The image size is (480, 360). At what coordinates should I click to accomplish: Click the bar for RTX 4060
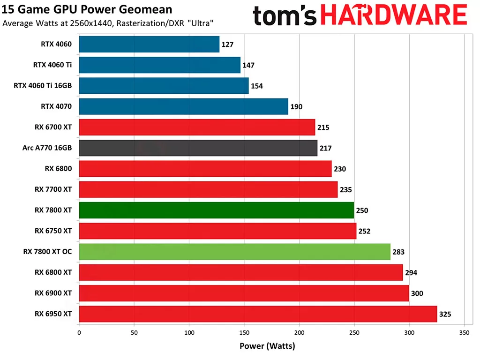click(x=149, y=45)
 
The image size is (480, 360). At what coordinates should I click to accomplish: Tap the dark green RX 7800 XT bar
click(x=216, y=210)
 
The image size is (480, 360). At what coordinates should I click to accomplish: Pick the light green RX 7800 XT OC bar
click(x=234, y=252)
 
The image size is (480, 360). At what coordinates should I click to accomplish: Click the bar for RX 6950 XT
click(x=258, y=314)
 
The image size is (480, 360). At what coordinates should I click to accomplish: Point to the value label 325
click(x=445, y=314)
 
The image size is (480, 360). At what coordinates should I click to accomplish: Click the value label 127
click(x=227, y=45)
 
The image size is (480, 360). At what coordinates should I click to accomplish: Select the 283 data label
click(x=398, y=252)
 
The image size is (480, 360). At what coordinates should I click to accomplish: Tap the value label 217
click(x=325, y=148)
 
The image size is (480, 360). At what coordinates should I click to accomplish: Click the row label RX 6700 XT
click(x=53, y=127)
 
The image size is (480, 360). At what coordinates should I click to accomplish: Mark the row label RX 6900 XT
click(x=53, y=293)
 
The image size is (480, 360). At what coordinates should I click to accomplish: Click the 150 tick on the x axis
click(x=244, y=332)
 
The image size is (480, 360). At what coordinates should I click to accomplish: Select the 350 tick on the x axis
click(x=464, y=332)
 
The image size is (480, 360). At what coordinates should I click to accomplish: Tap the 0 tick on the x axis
click(x=79, y=332)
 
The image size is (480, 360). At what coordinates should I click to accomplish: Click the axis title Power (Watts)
click(x=267, y=346)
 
